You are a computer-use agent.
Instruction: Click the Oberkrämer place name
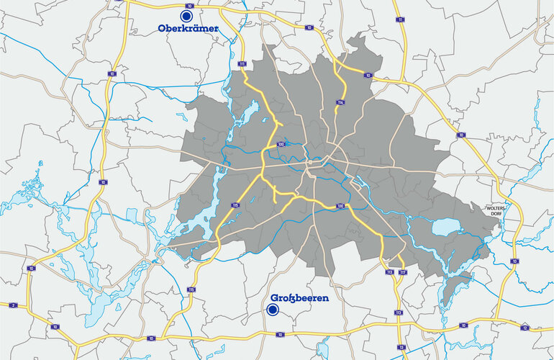tap(188, 28)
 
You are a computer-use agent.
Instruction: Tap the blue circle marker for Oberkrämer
tap(186, 14)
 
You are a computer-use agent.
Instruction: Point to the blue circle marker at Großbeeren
tap(273, 310)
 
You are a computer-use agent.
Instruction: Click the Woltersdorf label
tap(499, 210)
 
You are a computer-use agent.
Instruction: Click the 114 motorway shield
tap(340, 103)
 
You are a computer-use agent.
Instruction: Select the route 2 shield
tap(14, 305)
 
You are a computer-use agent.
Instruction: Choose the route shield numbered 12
tap(525, 328)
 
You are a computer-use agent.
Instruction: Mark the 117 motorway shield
tap(402, 272)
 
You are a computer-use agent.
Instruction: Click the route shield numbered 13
tap(401, 347)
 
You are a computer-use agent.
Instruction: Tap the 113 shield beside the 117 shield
tap(390, 272)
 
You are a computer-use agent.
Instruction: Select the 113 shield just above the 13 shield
tap(398, 312)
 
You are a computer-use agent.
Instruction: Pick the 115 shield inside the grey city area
tap(235, 205)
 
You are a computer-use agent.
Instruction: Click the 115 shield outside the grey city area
tap(191, 289)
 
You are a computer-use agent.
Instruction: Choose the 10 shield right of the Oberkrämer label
tap(309, 27)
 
